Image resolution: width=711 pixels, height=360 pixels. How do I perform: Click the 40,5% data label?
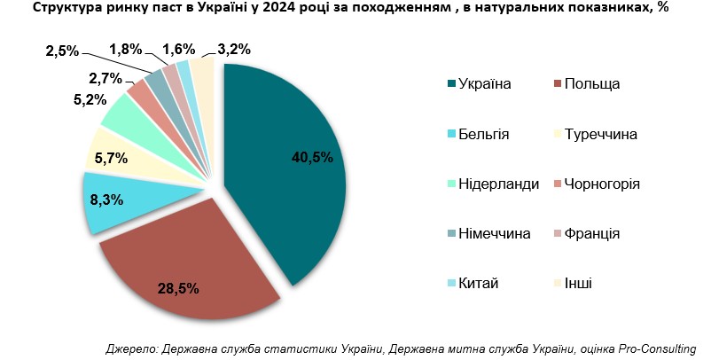pos(311,158)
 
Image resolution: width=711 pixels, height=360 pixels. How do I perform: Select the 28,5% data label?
pos(177,288)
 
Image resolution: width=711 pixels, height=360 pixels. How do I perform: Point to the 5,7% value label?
pos(111,160)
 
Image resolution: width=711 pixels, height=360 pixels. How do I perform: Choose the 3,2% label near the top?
pos(222,50)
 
